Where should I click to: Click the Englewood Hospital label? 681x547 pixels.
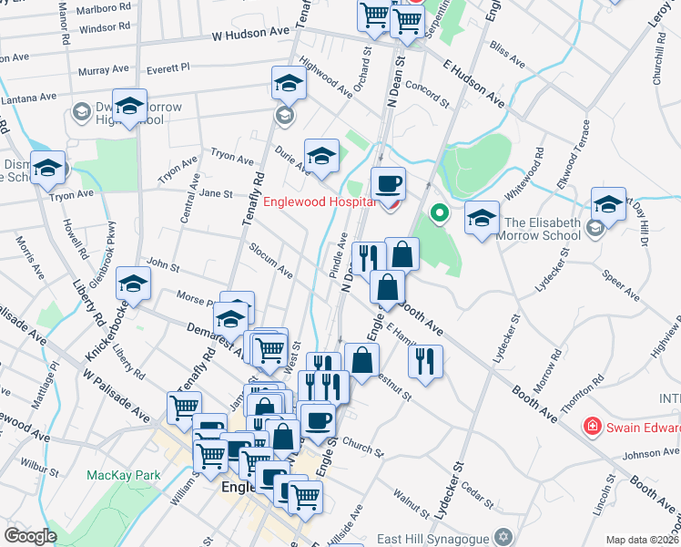[319, 201]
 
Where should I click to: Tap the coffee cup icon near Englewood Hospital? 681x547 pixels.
[388, 183]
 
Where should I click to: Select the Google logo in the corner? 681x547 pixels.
[30, 536]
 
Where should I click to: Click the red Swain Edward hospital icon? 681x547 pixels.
[592, 426]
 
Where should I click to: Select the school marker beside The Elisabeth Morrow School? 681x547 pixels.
[483, 217]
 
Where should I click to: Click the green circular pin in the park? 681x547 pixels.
[439, 214]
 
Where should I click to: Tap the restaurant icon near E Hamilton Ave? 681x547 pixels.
[425, 360]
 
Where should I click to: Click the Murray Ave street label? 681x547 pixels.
[103, 70]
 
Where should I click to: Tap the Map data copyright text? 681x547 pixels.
[642, 540]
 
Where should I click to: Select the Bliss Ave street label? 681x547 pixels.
[507, 57]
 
